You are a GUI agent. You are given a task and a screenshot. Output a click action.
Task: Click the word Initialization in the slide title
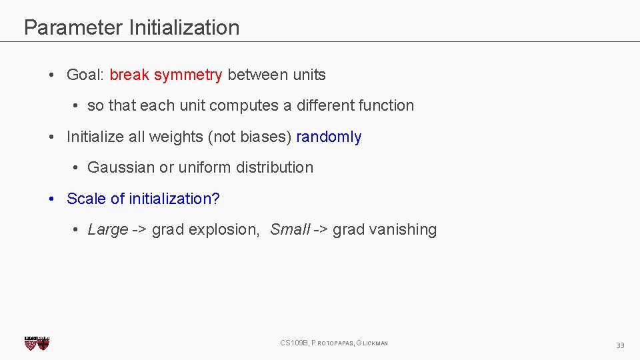(x=184, y=27)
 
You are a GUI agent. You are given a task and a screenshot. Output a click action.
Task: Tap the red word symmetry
(x=188, y=75)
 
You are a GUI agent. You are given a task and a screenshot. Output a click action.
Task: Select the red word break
(x=129, y=75)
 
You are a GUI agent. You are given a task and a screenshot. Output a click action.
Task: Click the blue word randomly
(x=329, y=137)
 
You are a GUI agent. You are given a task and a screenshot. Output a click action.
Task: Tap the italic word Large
(x=107, y=230)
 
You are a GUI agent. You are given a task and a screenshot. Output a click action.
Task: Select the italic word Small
(x=290, y=230)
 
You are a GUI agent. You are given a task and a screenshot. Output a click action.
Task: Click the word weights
(x=175, y=137)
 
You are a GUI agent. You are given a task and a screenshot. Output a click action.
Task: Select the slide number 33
(x=620, y=345)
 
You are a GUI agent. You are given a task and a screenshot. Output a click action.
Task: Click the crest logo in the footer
(x=37, y=343)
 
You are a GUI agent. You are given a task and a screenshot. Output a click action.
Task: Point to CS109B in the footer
(x=293, y=343)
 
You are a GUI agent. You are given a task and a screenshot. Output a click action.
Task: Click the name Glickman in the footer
(x=373, y=343)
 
